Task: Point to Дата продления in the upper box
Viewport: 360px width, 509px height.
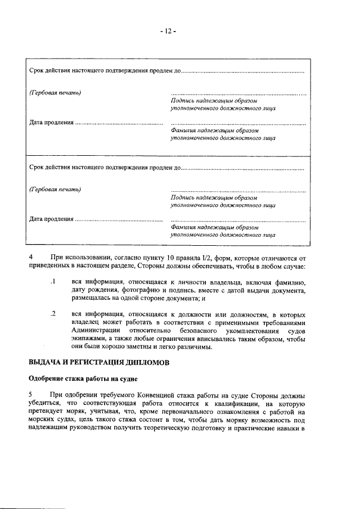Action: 51,122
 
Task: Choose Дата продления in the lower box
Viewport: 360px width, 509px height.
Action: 51,219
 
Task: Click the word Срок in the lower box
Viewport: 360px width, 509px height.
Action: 37,168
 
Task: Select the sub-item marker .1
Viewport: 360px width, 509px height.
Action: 52,281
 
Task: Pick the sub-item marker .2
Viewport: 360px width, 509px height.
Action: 52,313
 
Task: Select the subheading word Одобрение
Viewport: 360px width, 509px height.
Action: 49,381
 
